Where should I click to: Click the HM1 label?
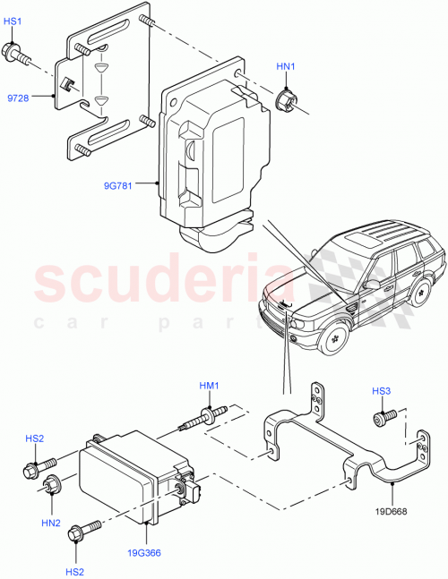210,386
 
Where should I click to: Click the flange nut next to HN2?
52,487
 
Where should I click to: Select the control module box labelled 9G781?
211,157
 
